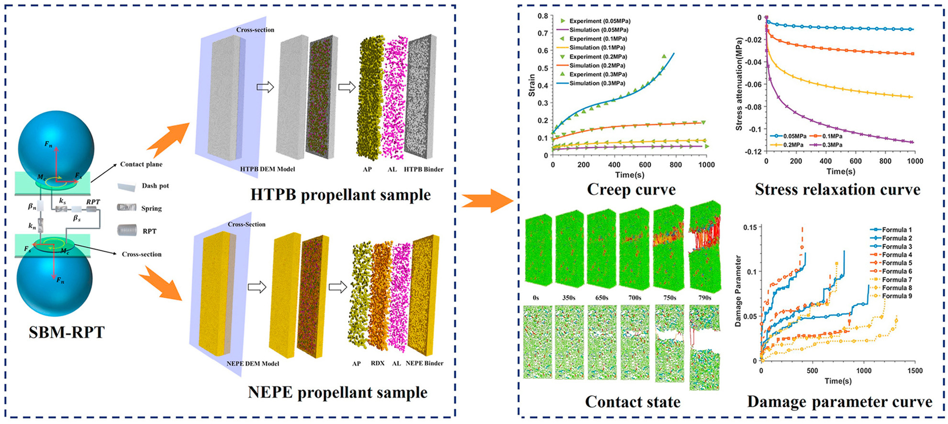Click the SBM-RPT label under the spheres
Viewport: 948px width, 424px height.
66,332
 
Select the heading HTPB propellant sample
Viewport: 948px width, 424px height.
340,195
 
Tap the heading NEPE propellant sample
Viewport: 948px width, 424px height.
337,392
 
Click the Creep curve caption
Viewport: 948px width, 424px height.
631,190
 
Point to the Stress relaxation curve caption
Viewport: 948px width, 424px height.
837,190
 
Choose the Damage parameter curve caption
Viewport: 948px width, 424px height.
839,402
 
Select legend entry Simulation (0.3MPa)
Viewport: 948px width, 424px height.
597,83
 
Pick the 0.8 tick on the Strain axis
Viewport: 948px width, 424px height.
542,16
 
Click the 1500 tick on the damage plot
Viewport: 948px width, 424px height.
914,370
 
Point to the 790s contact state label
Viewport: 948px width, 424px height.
704,298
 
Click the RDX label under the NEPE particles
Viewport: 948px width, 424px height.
378,363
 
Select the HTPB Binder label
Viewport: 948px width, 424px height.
424,169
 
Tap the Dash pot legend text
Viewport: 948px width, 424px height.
155,186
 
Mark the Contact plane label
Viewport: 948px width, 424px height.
141,164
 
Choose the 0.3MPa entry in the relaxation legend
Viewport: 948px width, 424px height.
832,145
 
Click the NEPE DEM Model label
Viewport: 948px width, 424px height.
253,363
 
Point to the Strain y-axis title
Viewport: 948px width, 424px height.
532,86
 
